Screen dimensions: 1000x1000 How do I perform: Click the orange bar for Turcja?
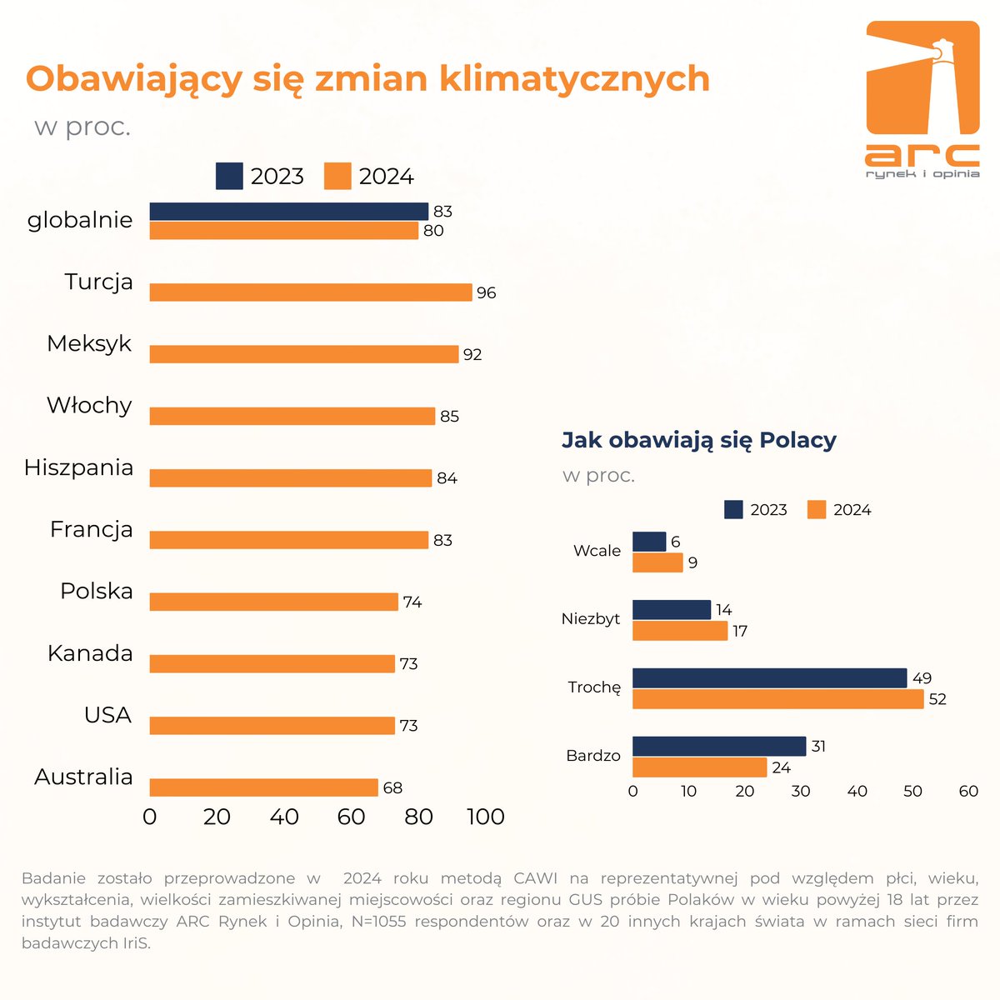pyautogui.click(x=311, y=292)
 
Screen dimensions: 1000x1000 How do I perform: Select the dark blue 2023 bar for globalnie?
pyautogui.click(x=288, y=212)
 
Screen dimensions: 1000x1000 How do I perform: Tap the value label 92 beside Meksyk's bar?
pyautogui.click(x=472, y=355)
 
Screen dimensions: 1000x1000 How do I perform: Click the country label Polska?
pyautogui.click(x=97, y=591)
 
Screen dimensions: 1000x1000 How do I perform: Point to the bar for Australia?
pyautogui.click(x=263, y=787)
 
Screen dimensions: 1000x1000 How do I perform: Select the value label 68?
pyautogui.click(x=392, y=788)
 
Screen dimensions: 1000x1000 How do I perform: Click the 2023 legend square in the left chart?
pyautogui.click(x=229, y=177)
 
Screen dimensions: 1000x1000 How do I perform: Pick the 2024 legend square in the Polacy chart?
pyautogui.click(x=817, y=510)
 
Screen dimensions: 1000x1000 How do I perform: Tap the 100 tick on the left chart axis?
pyautogui.click(x=485, y=817)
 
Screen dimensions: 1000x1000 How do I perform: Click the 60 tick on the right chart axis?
pyautogui.click(x=968, y=792)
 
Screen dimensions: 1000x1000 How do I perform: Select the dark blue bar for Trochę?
pyautogui.click(x=769, y=678)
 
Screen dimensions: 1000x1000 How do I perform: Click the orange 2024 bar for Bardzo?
pyautogui.click(x=699, y=767)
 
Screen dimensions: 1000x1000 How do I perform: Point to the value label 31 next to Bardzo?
pyautogui.click(x=818, y=747)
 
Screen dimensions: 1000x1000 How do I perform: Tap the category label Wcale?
pyautogui.click(x=597, y=551)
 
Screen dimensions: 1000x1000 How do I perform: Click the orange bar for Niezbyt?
pyautogui.click(x=680, y=631)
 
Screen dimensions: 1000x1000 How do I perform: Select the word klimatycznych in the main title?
pyautogui.click(x=574, y=79)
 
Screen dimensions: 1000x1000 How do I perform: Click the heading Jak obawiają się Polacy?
pyautogui.click(x=698, y=440)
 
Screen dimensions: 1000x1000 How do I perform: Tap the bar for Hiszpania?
pyautogui.click(x=291, y=478)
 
